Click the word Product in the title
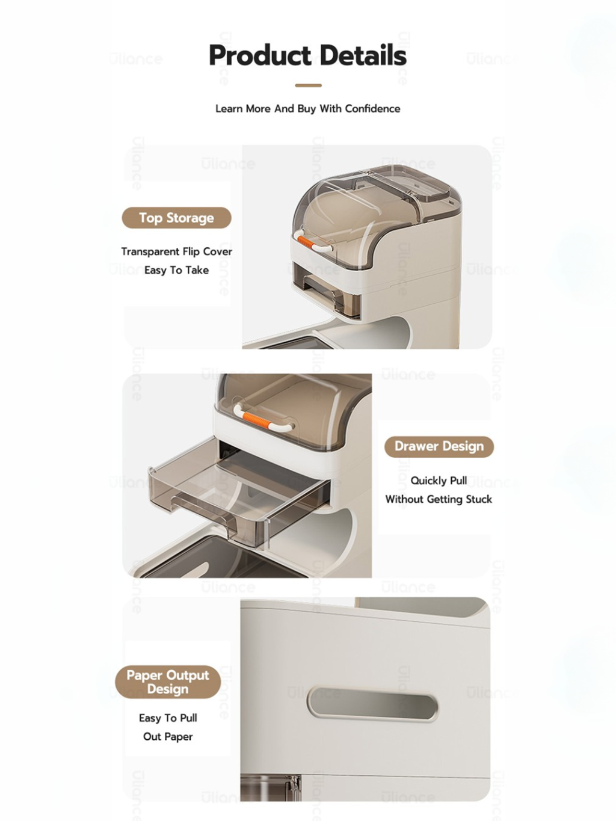[x=260, y=55]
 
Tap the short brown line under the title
[x=308, y=85]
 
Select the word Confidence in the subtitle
[x=372, y=108]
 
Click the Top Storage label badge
[x=176, y=218]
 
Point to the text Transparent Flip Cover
[x=176, y=251]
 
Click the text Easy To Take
[x=176, y=270]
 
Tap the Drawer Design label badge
[x=439, y=446]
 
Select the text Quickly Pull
[x=439, y=481]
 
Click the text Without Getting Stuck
[x=439, y=499]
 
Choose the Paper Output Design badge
[x=168, y=681]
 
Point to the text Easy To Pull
[x=168, y=718]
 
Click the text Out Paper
[x=168, y=736]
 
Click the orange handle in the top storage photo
[x=307, y=241]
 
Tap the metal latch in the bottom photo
[x=295, y=787]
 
